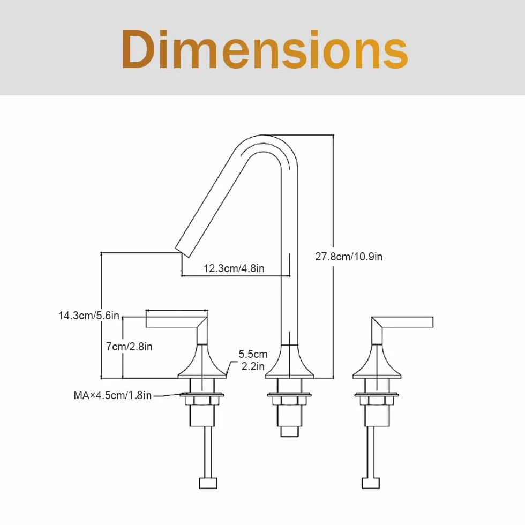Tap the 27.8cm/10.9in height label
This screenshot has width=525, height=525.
pos(349,257)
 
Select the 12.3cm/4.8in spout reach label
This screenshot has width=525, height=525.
pos(234,268)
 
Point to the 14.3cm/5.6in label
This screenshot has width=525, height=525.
pos(89,316)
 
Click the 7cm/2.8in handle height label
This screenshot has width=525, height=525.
pos(129,347)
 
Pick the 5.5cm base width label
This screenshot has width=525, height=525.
pos(253,354)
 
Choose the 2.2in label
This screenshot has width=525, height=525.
pos(253,366)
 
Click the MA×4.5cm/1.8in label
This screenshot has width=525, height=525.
pos(112,395)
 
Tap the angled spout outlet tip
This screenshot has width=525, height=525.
pos(182,252)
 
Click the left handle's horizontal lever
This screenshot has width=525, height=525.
pos(174,322)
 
